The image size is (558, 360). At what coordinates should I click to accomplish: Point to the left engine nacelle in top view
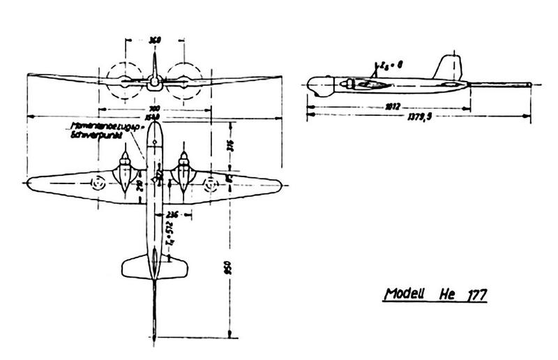tap(124, 173)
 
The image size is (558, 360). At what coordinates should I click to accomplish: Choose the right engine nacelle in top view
tap(184, 173)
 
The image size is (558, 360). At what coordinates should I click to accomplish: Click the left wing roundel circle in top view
tap(98, 185)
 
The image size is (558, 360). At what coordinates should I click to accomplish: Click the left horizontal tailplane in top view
tap(136, 264)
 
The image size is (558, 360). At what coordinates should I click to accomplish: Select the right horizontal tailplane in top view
tap(174, 264)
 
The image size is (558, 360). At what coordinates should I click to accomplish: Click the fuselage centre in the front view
tap(155, 82)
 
